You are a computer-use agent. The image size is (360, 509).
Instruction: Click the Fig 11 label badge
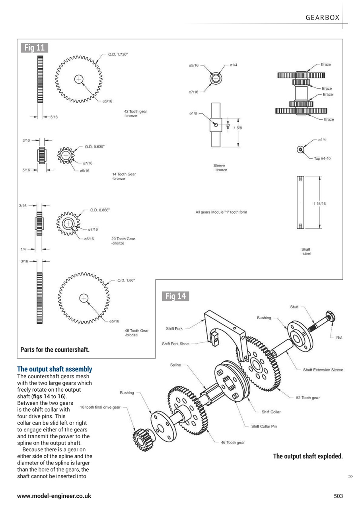[x=35, y=48]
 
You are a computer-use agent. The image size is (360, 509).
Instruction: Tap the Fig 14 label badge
[x=175, y=296]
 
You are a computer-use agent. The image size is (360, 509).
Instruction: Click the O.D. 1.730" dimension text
[x=118, y=54]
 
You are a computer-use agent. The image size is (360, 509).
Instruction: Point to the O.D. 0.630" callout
[x=95, y=147]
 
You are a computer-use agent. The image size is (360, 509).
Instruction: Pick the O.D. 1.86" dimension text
[x=126, y=280]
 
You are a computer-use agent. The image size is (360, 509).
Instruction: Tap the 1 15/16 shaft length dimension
[x=319, y=204]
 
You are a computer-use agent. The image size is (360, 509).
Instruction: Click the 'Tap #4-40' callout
[x=322, y=158]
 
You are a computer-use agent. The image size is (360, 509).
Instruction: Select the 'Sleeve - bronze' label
[x=220, y=167]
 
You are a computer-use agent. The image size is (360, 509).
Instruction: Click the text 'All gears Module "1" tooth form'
[x=221, y=212]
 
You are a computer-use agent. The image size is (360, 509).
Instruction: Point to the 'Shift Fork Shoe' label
[x=175, y=344]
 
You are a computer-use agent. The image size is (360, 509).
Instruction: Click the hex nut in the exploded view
[x=330, y=317]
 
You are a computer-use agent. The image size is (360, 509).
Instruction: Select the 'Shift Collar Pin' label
[x=264, y=426]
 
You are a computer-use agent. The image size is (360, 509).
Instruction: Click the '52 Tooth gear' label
[x=307, y=398]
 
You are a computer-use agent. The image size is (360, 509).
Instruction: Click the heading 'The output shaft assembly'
[x=54, y=369]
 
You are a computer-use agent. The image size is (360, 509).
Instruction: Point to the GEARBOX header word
[x=323, y=17]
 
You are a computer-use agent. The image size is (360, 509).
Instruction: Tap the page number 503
[x=338, y=496]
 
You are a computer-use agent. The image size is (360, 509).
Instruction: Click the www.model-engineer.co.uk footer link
[x=54, y=496]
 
